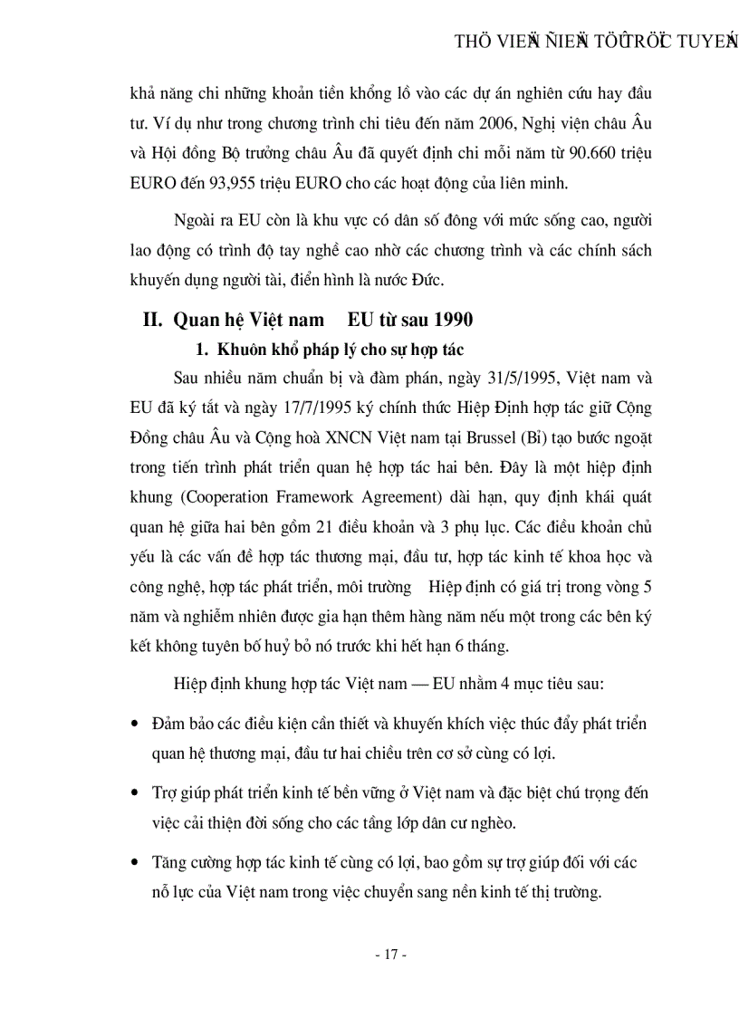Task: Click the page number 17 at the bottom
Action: pos(392,955)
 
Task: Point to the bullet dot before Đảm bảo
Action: pos(135,724)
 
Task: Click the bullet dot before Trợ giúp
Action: pos(135,794)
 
